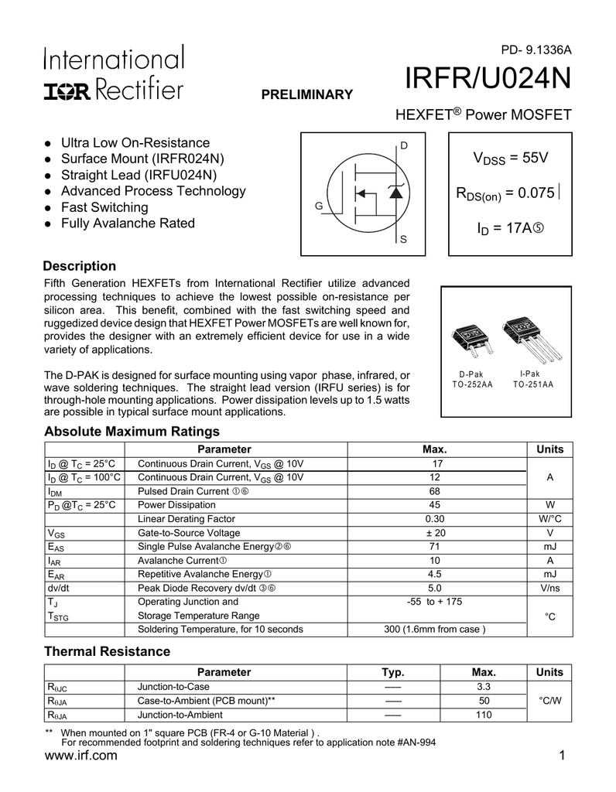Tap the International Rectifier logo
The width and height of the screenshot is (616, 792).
pyautogui.click(x=114, y=73)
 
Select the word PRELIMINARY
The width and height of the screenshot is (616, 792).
pyautogui.click(x=306, y=94)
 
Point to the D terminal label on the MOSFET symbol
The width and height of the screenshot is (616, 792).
pyautogui.click(x=403, y=145)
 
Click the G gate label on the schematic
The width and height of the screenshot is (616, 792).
pyautogui.click(x=318, y=207)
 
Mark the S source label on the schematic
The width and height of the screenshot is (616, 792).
pyautogui.click(x=403, y=243)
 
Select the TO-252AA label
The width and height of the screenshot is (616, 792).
pyautogui.click(x=471, y=384)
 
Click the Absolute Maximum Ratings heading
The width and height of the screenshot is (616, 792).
pyautogui.click(x=132, y=431)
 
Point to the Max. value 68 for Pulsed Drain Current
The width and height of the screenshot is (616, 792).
pyautogui.click(x=435, y=491)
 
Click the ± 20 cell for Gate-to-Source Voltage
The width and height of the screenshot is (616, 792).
pyautogui.click(x=435, y=533)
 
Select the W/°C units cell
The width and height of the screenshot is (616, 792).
pyautogui.click(x=549, y=519)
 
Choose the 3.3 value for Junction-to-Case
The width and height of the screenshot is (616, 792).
pyautogui.click(x=484, y=686)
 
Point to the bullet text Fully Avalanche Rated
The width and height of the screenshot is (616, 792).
pyautogui.click(x=128, y=224)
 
